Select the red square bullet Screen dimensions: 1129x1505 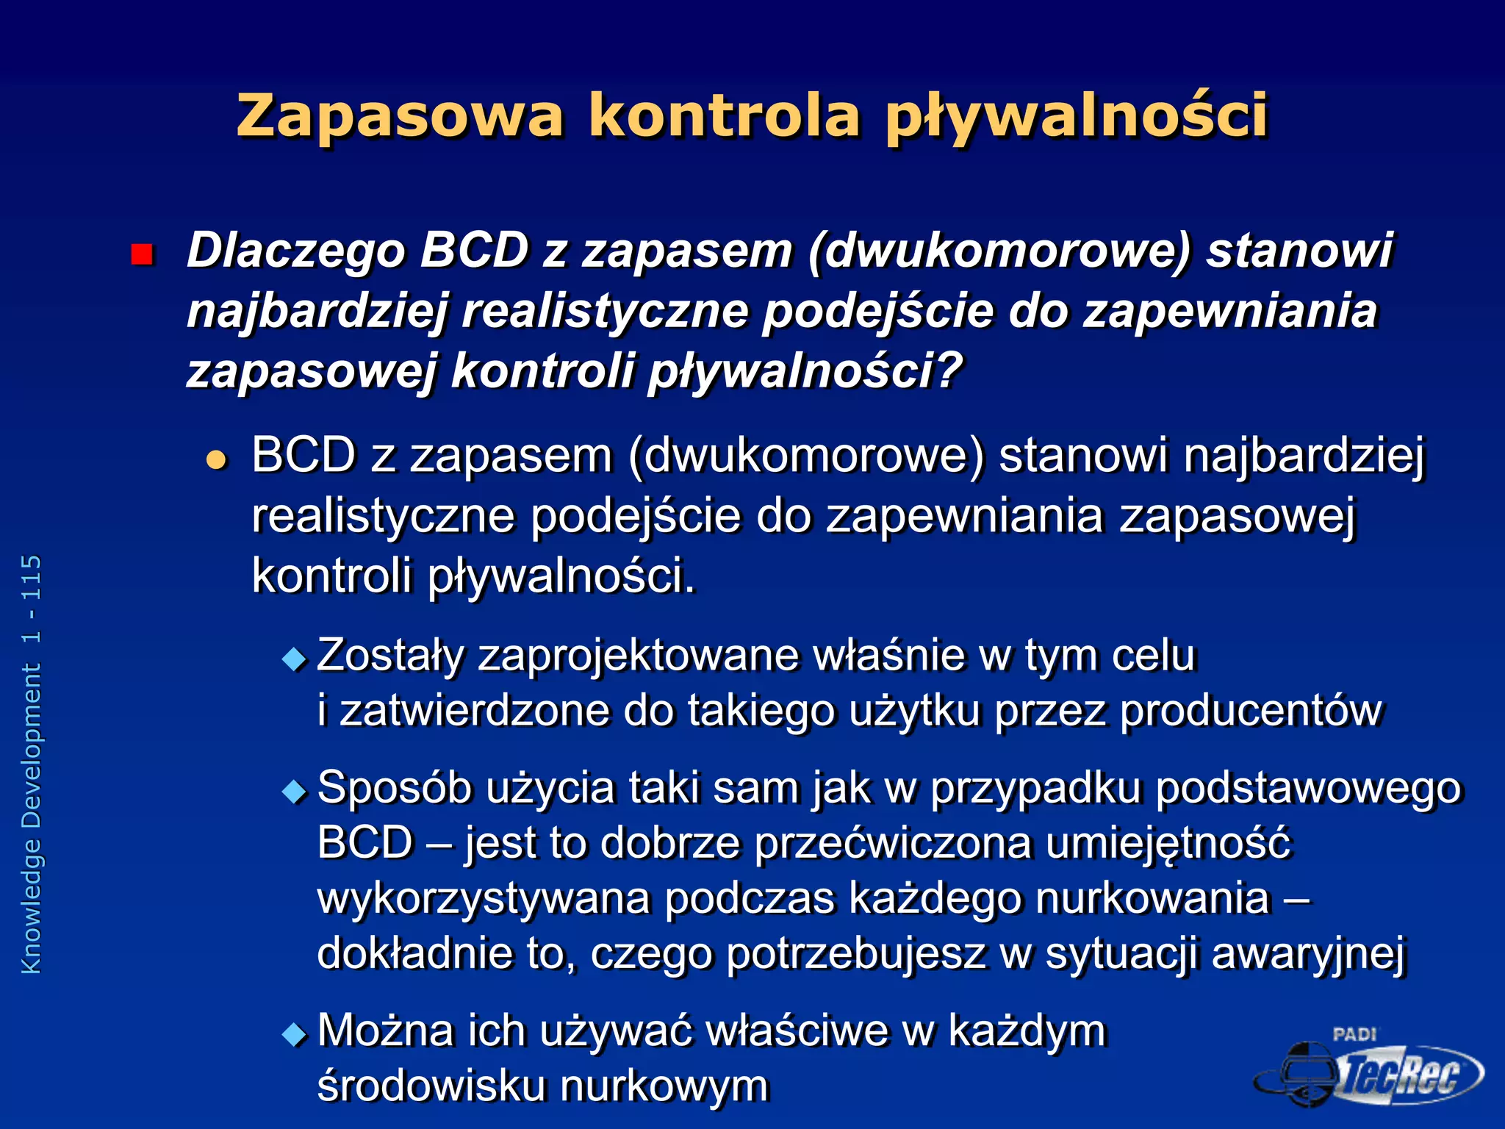click(141, 255)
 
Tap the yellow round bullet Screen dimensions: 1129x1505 click(216, 460)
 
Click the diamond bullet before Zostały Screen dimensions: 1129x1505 click(294, 658)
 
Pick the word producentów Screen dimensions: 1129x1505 click(1251, 711)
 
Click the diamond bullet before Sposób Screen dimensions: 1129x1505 click(294, 792)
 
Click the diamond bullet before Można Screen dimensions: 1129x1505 click(294, 1034)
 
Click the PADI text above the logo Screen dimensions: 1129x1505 click(1354, 1034)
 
